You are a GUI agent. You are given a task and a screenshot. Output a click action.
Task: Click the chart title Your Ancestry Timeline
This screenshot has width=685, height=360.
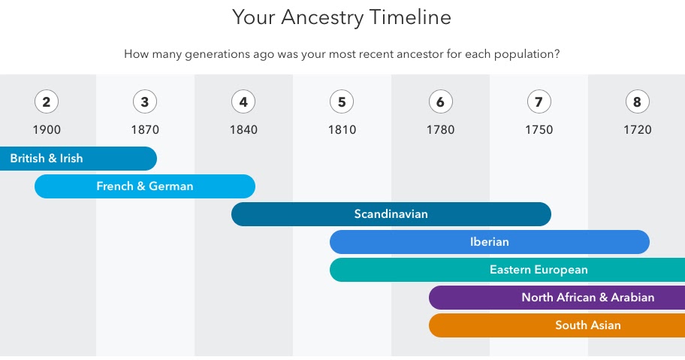click(342, 17)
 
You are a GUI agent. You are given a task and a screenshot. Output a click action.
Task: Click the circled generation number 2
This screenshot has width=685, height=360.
click(47, 101)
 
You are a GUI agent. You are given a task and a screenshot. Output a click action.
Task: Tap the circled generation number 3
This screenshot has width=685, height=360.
click(145, 101)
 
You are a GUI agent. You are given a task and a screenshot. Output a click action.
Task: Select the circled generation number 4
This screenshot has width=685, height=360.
click(243, 101)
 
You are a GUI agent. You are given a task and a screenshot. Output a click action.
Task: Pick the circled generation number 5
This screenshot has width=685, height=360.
click(342, 101)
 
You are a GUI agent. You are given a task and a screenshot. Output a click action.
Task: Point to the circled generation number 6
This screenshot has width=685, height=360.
click(440, 101)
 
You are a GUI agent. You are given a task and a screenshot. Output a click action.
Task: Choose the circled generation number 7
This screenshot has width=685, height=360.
click(539, 101)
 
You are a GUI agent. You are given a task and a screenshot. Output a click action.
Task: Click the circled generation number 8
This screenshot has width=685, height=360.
click(637, 101)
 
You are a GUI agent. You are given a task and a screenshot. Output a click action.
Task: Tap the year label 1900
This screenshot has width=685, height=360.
click(47, 129)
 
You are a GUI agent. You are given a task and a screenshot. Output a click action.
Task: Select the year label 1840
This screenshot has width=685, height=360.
click(243, 129)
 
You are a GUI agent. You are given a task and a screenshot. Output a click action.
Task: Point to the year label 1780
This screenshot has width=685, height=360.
click(440, 129)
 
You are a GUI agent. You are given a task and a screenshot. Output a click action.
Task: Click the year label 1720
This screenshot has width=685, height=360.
click(637, 129)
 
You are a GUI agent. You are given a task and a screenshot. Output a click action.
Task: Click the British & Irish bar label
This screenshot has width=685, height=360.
click(47, 159)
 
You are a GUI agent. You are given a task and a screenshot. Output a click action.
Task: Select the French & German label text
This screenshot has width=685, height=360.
click(145, 186)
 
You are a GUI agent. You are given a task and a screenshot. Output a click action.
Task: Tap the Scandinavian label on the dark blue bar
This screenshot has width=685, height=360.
click(391, 214)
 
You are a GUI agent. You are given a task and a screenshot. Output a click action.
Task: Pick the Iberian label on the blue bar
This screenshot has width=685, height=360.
click(490, 242)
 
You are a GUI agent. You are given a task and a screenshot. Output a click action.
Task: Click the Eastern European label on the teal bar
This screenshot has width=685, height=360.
click(539, 270)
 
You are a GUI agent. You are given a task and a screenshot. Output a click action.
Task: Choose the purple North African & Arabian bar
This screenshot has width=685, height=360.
click(557, 298)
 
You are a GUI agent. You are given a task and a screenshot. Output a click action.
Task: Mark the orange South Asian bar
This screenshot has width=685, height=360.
click(557, 325)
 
